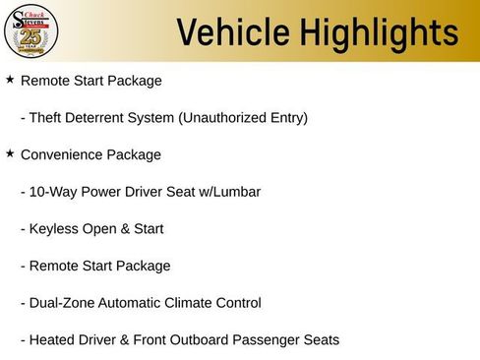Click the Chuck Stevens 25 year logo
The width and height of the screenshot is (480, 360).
click(x=30, y=30)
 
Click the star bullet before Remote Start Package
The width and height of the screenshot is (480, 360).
click(x=10, y=79)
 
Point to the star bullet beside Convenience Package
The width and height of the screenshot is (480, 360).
click(x=10, y=153)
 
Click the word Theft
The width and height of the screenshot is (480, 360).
click(x=47, y=118)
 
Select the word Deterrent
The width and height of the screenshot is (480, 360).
click(x=102, y=118)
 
